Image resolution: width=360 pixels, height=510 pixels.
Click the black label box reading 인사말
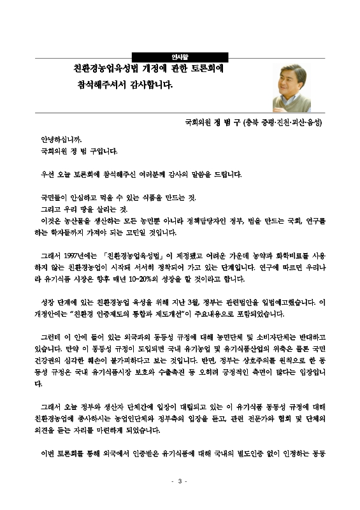[x=180, y=56]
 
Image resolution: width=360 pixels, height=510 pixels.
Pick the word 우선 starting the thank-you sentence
[x=47, y=174]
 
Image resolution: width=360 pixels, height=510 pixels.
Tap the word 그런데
[x=50, y=337]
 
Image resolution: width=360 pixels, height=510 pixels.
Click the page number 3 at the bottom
[x=180, y=481]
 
